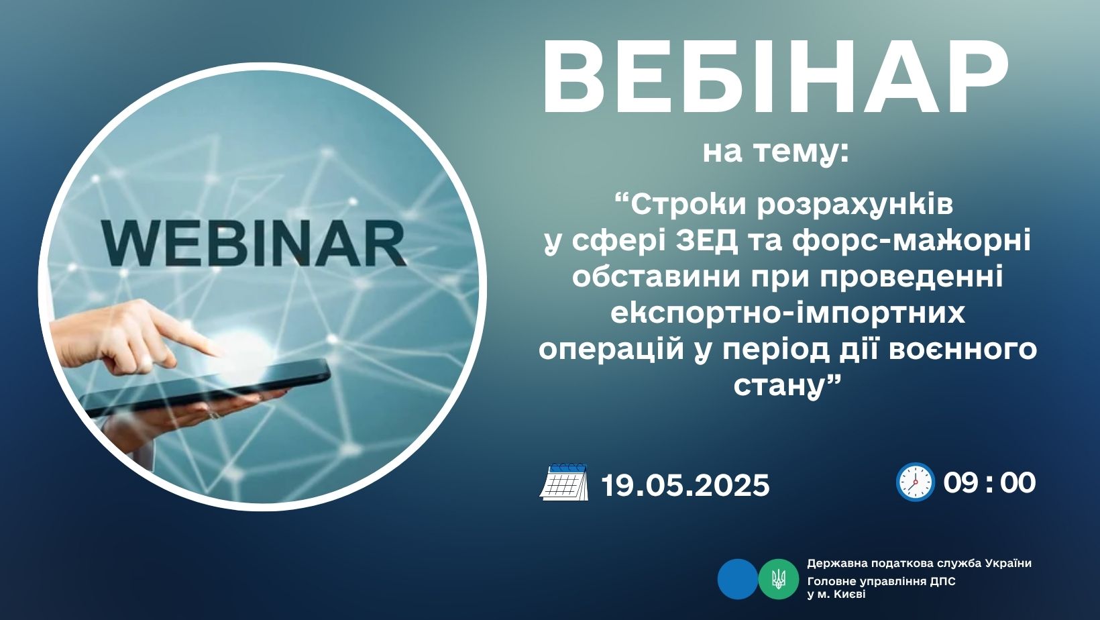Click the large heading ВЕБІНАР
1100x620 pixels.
(775, 77)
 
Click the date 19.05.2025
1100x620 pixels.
(685, 485)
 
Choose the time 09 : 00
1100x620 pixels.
(989, 483)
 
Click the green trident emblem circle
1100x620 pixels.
(778, 578)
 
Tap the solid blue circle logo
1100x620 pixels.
(738, 578)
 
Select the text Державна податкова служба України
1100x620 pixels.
(920, 564)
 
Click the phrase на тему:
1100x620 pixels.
(776, 152)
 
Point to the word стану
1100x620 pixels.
(778, 386)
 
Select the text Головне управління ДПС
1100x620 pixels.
(881, 582)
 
